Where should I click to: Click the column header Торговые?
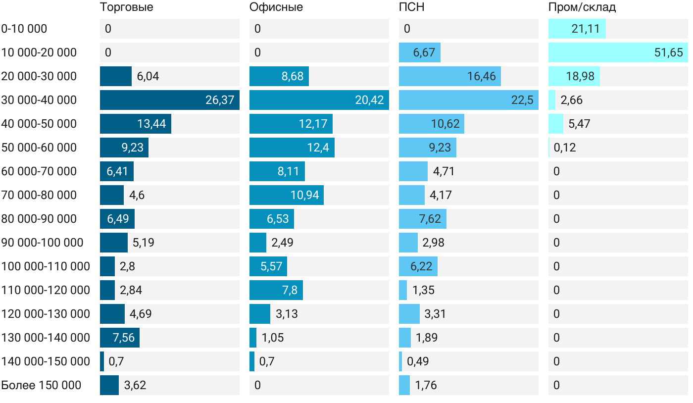pos(126,7)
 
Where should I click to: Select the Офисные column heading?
pos(276,7)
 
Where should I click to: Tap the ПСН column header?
pos(411,7)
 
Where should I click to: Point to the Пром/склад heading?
pos(582,7)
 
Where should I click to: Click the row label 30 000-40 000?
pos(39,100)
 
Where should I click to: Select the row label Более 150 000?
pos(41,385)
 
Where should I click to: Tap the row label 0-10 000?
pos(24,29)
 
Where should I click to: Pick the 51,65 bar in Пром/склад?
pos(618,52)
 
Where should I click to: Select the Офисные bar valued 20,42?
pos(319,100)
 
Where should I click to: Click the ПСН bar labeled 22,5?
pos(468,100)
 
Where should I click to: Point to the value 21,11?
pos(585,29)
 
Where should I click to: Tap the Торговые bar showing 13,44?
pos(135,124)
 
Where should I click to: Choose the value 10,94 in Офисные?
pos(304,195)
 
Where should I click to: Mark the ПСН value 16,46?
pos(481,76)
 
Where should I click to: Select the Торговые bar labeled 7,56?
pos(119,338)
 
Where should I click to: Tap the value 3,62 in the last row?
pos(135,385)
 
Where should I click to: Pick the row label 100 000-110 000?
pos(46,266)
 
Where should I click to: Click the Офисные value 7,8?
pos(290,290)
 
